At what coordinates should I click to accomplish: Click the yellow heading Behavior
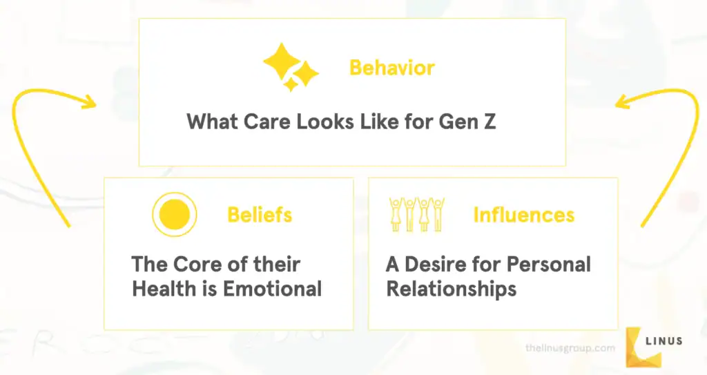point(391,68)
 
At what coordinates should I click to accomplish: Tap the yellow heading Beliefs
point(259,215)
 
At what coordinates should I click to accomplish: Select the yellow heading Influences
point(523,215)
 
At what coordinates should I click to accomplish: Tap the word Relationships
point(451,288)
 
